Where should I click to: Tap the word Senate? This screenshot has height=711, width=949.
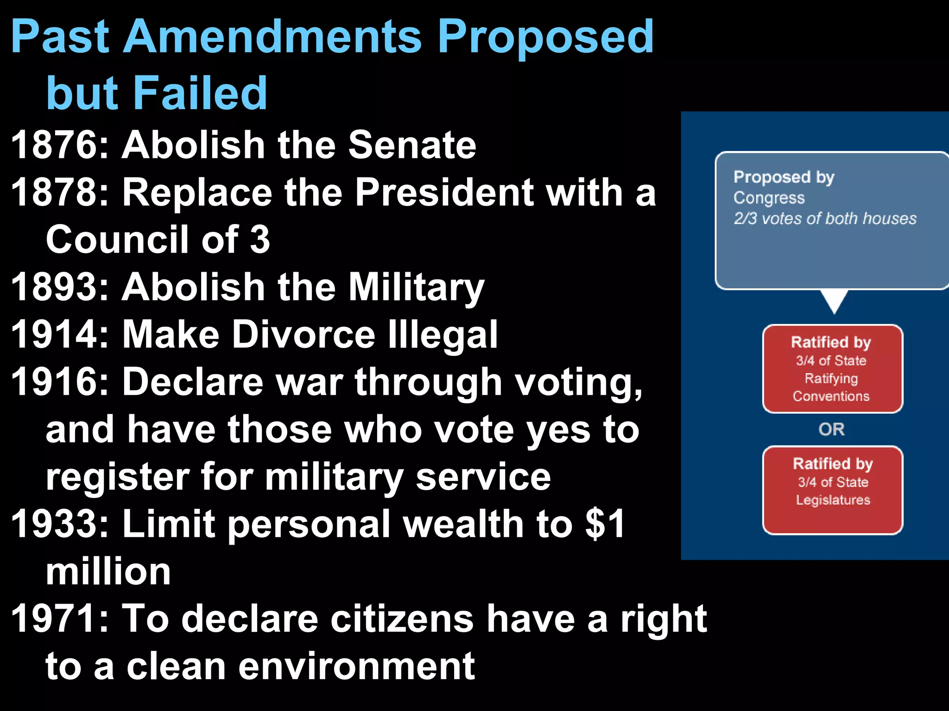pos(412,145)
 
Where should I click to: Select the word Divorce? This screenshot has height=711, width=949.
pos(304,335)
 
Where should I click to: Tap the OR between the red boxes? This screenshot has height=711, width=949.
pos(832,430)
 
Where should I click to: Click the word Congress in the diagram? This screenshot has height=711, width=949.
pos(769,198)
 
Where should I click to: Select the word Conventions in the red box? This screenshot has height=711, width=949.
pos(831,396)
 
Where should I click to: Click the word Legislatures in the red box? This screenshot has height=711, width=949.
pos(833,500)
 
